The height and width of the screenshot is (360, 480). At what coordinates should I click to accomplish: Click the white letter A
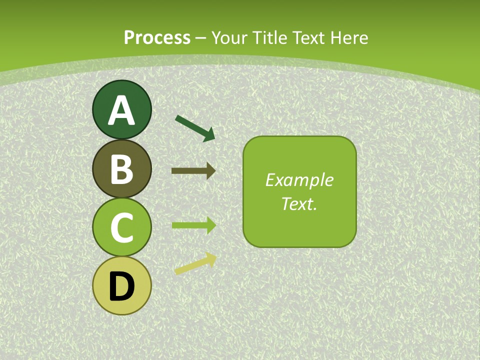tap(121, 110)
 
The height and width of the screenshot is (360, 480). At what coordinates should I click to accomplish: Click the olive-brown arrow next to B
tap(192, 171)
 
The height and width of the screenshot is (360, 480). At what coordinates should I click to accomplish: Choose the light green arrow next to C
tap(192, 225)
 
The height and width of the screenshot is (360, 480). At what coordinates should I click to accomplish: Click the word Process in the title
tap(157, 37)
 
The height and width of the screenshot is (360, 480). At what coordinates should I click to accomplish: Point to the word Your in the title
tap(230, 37)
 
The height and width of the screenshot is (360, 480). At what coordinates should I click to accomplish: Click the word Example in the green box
tap(299, 180)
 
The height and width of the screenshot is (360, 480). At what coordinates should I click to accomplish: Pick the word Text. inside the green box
tap(299, 203)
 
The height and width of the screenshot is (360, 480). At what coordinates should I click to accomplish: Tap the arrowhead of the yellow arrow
tap(210, 259)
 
